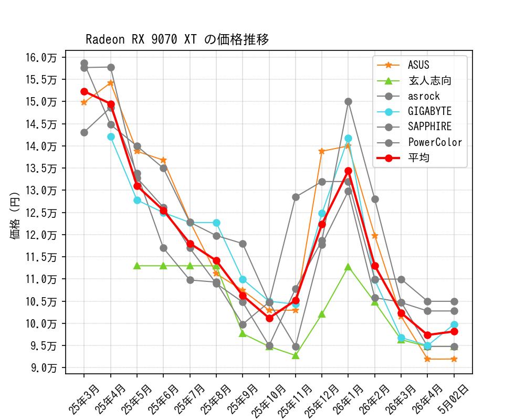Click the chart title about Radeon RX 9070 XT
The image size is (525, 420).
coord(177,39)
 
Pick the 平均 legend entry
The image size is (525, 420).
coord(403,157)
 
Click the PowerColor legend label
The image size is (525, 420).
coord(435,142)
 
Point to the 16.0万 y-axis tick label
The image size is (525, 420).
coord(41,58)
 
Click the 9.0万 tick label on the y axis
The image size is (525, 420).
coord(44,368)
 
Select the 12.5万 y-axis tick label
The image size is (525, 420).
coord(41,213)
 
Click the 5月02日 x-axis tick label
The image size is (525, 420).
coord(454,399)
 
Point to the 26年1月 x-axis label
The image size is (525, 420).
coord(348,399)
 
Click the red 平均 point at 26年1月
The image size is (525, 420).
coord(348,171)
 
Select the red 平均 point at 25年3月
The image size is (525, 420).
coord(84,92)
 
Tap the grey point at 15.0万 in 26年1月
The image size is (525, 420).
coord(348,101)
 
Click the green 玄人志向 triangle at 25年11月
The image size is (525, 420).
coord(295,356)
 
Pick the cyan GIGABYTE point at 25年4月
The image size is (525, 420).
coord(111,136)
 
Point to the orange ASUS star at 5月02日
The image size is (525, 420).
coord(454,359)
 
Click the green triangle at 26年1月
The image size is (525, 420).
coord(348,267)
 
